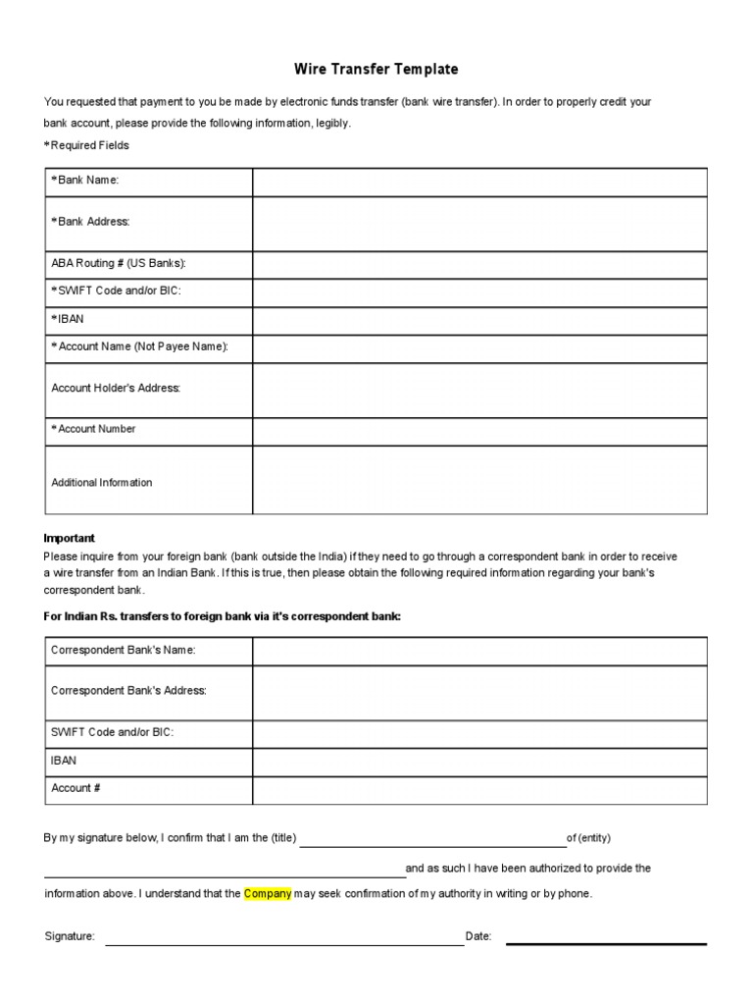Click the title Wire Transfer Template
click(x=376, y=70)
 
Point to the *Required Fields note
click(x=86, y=145)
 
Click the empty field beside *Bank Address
click(x=479, y=224)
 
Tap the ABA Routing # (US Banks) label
click(x=119, y=264)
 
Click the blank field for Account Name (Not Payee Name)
click(x=479, y=348)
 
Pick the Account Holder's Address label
click(x=116, y=389)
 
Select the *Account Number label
click(x=93, y=429)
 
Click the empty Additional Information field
click(x=479, y=480)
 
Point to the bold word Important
click(x=70, y=538)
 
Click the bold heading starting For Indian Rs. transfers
click(x=223, y=615)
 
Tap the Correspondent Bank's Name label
click(x=124, y=651)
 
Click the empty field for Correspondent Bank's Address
click(x=479, y=693)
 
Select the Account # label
click(x=75, y=788)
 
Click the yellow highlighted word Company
click(x=268, y=894)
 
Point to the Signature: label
click(x=70, y=937)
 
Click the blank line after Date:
click(x=606, y=941)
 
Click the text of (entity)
click(x=589, y=838)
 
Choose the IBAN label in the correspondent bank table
click(x=64, y=761)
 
